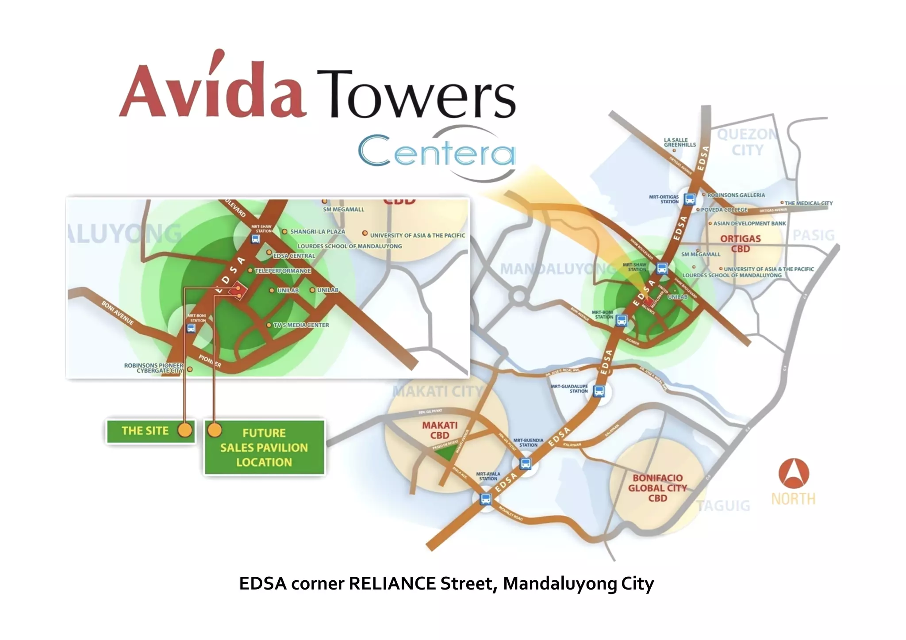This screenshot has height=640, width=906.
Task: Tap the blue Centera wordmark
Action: click(x=436, y=152)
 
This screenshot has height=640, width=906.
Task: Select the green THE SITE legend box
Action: click(x=150, y=431)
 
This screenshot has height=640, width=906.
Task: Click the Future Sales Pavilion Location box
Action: click(x=264, y=447)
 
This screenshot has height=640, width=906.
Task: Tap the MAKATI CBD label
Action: click(x=440, y=430)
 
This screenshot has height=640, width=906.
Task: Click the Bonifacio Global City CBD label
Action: click(x=657, y=488)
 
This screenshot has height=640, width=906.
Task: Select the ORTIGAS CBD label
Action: click(x=741, y=243)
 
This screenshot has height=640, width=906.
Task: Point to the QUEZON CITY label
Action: click(x=747, y=142)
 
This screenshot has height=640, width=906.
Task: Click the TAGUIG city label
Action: click(x=724, y=506)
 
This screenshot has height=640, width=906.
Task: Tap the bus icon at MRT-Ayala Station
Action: click(x=486, y=499)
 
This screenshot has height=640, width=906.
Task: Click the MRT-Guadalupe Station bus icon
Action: click(x=599, y=391)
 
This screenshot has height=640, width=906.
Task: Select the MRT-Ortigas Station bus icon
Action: click(x=689, y=199)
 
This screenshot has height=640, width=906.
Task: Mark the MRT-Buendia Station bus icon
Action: click(x=525, y=464)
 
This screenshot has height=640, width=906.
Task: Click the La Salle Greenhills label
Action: click(x=679, y=142)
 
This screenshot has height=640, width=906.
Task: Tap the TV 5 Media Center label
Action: click(x=301, y=325)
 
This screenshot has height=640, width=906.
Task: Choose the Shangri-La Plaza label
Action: click(x=317, y=232)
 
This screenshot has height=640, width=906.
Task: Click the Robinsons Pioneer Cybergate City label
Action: click(x=154, y=368)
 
